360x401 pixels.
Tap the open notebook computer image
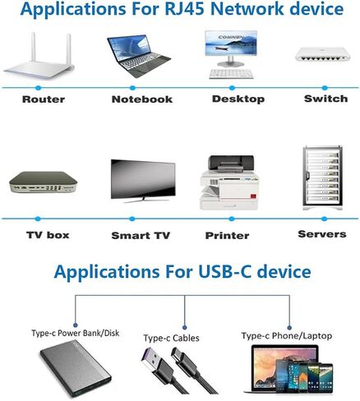(x=138, y=56)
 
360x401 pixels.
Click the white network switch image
(x=322, y=54)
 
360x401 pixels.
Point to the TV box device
(x=43, y=182)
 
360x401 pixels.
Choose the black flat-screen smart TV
(x=143, y=181)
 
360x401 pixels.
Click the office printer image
(x=230, y=182)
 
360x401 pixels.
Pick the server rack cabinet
(x=322, y=178)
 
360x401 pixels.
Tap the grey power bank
(x=76, y=369)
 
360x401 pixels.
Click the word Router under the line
(x=44, y=99)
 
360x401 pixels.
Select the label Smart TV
(x=141, y=235)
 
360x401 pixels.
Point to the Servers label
(x=322, y=234)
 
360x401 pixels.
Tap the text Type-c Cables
(x=171, y=339)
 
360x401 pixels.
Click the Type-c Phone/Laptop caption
(x=287, y=336)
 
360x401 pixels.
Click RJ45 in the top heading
(x=184, y=8)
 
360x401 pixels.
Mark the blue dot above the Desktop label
(x=232, y=88)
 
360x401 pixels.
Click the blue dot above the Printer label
(x=232, y=219)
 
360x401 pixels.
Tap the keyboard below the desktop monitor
(x=231, y=74)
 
